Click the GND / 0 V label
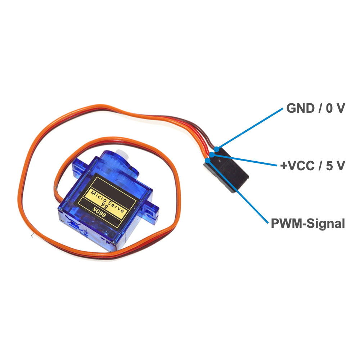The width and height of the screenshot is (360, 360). pos(315,108)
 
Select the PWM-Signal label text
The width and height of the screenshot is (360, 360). pos(308,224)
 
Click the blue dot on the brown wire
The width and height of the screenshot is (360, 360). pos(216,149)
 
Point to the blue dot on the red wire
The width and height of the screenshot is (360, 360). pos(212,154)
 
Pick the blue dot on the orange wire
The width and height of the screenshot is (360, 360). pos(207,160)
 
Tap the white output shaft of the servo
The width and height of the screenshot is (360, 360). pos(123,157)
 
